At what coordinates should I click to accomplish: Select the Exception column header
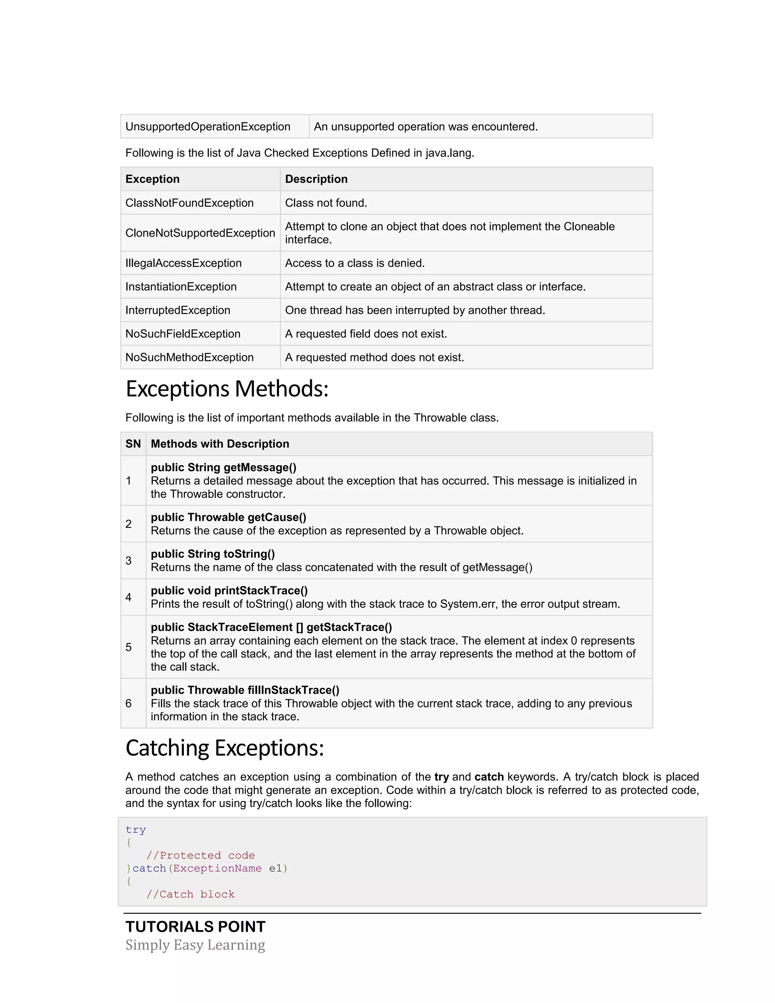pos(153,179)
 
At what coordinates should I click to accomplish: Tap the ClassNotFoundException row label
pos(189,203)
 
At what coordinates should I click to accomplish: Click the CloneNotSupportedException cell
pos(200,233)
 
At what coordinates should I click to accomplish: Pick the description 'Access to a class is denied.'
pos(355,263)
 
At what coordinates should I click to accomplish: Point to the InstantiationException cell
pos(181,287)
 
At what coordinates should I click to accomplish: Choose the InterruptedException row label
pos(178,310)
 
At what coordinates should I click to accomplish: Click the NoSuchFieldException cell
pos(183,334)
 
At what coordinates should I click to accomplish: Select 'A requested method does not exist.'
pos(374,357)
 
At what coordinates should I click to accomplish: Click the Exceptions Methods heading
pos(227,389)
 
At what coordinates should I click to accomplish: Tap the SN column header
pos(133,444)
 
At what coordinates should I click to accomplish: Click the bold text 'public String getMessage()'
pos(224,467)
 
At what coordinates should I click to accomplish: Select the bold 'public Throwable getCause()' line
pos(228,517)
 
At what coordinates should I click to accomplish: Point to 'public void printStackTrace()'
pos(229,590)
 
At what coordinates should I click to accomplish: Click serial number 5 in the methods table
pos(129,647)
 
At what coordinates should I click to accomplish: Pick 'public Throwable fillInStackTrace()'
pos(245,690)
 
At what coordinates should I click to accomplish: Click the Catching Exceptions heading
pos(224,748)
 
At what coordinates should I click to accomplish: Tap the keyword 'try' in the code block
pos(135,830)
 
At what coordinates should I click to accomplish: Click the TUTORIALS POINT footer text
pos(195,927)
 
